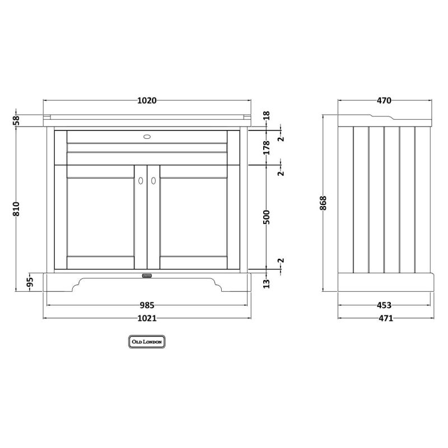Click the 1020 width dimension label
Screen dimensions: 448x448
tap(147, 101)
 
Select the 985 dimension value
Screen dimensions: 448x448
tap(147, 305)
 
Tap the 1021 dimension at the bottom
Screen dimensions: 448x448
tap(147, 318)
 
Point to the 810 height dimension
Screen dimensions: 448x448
tap(17, 209)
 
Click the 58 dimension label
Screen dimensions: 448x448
tap(17, 120)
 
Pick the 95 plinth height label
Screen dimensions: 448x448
tap(30, 282)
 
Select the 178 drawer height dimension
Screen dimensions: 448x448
tap(266, 147)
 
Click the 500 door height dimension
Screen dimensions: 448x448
tap(266, 217)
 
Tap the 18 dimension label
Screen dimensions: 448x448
tap(266, 116)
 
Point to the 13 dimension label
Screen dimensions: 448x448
tap(266, 283)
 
